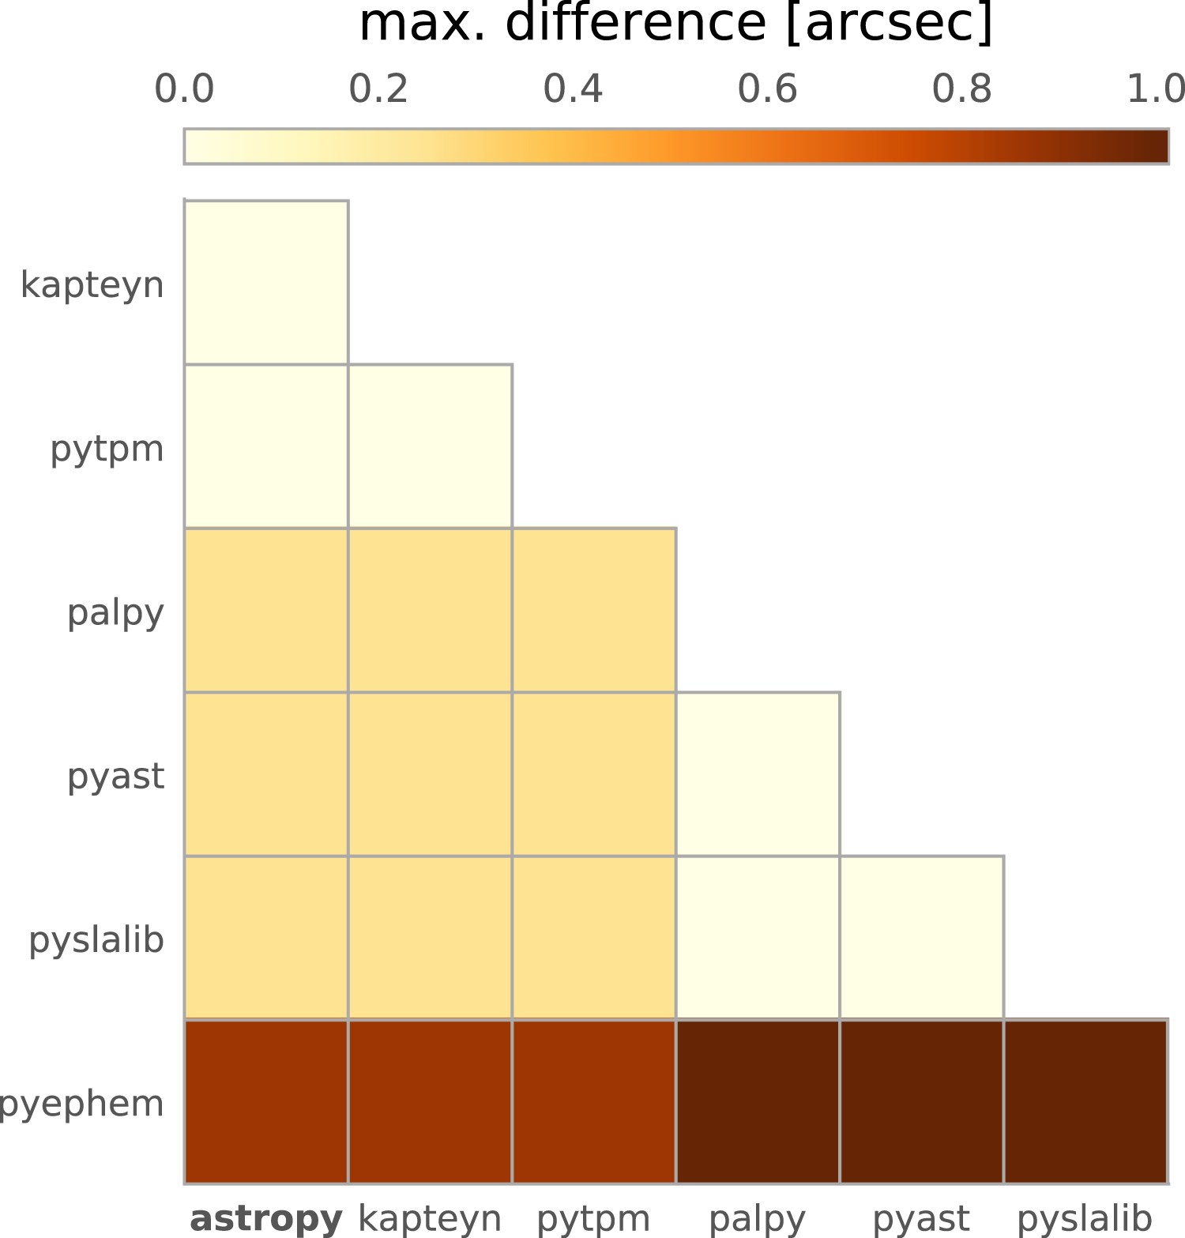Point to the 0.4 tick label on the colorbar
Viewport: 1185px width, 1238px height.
pyautogui.click(x=573, y=88)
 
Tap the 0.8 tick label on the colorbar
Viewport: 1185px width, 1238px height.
pyautogui.click(x=961, y=88)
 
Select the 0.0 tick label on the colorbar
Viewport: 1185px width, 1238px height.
pyautogui.click(x=184, y=88)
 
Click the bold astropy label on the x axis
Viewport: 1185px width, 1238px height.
pyautogui.click(x=266, y=1218)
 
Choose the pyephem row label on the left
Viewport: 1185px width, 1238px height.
pyautogui.click(x=81, y=1103)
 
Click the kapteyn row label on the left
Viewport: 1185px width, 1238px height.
pyautogui.click(x=92, y=284)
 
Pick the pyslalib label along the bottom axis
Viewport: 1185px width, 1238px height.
pyautogui.click(x=1085, y=1218)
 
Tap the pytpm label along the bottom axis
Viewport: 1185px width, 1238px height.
pyautogui.click(x=593, y=1218)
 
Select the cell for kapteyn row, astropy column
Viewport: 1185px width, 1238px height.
pyautogui.click(x=266, y=283)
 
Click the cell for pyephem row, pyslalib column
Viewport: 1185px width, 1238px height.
pyautogui.click(x=1085, y=1102)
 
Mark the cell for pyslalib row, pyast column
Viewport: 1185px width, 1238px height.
pyautogui.click(x=922, y=938)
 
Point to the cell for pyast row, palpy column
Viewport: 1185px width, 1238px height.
pyautogui.click(x=758, y=774)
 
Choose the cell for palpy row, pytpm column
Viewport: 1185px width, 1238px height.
pyautogui.click(x=594, y=611)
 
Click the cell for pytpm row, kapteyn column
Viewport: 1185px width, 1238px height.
pyautogui.click(x=431, y=446)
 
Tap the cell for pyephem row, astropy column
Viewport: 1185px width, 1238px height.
pyautogui.click(x=266, y=1102)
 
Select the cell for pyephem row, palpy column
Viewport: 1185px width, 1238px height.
pyautogui.click(x=758, y=1102)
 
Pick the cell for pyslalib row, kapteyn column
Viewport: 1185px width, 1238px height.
pyautogui.click(x=431, y=938)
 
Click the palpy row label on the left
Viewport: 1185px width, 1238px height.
pyautogui.click(x=115, y=612)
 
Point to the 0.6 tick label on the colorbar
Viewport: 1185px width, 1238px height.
pyautogui.click(x=767, y=88)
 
